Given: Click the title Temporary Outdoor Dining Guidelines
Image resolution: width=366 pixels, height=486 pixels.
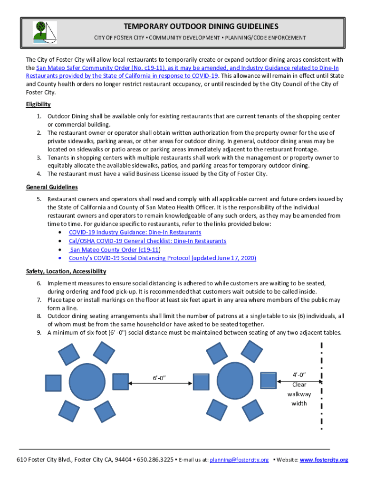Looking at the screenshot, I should tap(201, 26).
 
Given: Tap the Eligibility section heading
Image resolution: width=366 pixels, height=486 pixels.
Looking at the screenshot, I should tap(38, 104).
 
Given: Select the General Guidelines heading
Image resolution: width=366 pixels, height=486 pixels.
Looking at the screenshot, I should tap(52, 187).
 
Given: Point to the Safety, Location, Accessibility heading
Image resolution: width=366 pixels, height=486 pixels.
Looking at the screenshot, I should tap(66, 271).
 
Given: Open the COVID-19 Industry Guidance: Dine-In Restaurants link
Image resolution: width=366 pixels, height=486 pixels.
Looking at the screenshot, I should tap(135, 233).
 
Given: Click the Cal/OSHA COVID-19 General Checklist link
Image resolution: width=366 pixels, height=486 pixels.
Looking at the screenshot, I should tap(147, 241).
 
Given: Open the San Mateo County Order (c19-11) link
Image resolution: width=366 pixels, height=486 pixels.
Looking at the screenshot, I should tap(114, 250).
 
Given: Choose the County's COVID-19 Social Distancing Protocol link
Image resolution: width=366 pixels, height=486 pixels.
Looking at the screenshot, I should tap(163, 258).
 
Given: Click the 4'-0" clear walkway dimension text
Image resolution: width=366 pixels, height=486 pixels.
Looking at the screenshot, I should tap(299, 375).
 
